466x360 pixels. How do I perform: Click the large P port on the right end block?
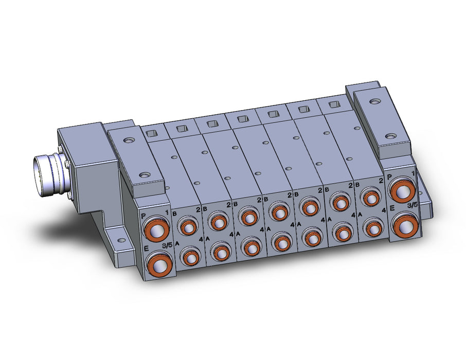pyautogui.click(x=403, y=191)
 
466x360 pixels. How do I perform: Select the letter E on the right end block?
pyautogui.click(x=392, y=209)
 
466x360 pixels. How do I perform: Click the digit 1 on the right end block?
pyautogui.click(x=413, y=173)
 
